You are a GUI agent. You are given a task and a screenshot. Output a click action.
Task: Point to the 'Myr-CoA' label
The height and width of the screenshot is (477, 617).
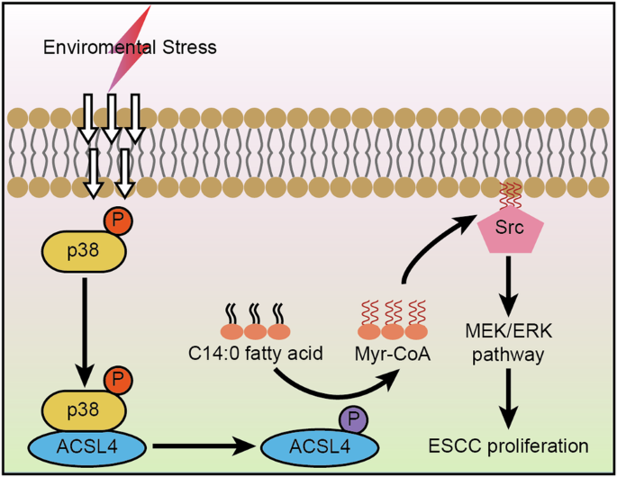pos(392,355)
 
